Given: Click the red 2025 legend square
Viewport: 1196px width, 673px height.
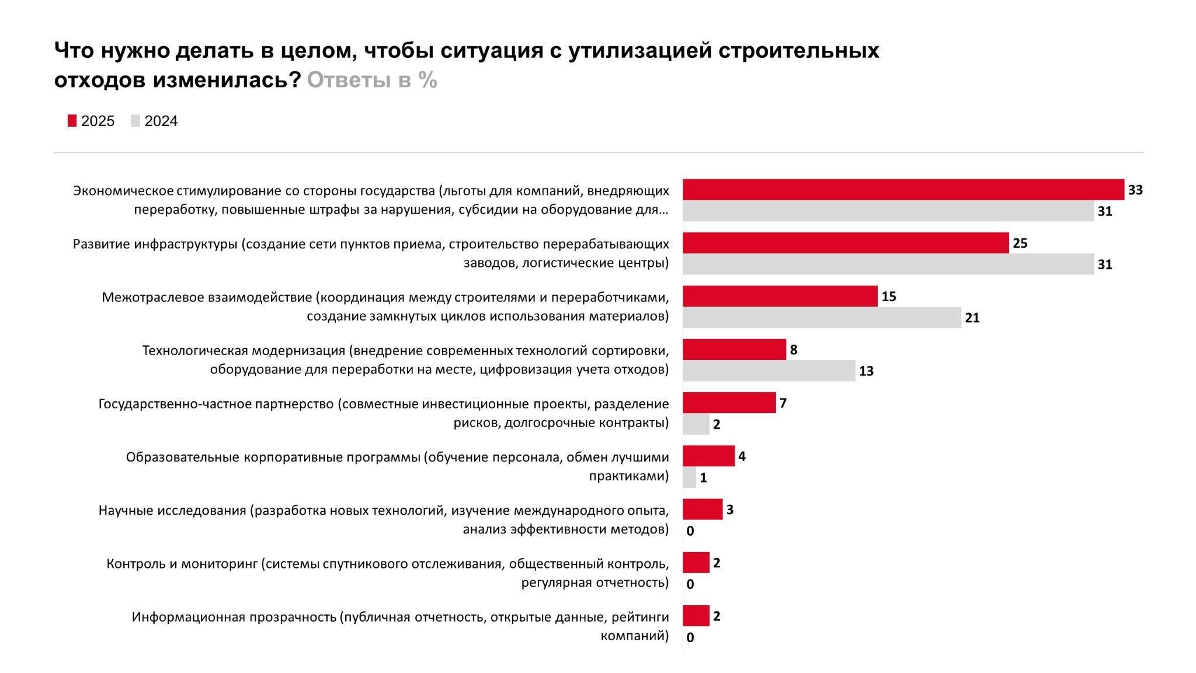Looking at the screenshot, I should (72, 121).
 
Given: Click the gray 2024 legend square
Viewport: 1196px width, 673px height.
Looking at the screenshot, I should (135, 121).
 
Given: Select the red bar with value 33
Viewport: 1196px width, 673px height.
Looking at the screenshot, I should (903, 190).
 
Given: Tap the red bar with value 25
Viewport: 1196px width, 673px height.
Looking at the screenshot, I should (846, 243).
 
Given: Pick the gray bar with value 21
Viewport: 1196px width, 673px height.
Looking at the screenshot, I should (822, 318).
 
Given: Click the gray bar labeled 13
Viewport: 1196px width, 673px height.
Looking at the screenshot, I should (769, 371).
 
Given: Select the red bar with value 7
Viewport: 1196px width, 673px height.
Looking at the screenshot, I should (729, 403).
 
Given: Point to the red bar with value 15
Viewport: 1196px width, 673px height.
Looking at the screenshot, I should (780, 296).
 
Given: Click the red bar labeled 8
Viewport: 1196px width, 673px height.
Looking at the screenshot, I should (734, 349).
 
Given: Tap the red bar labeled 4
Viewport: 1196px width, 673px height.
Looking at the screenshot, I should (708, 456).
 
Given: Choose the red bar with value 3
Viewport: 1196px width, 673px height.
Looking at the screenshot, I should (703, 509).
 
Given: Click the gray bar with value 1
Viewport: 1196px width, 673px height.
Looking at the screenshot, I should (689, 478).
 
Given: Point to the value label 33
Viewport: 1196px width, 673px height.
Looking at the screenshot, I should (1135, 190).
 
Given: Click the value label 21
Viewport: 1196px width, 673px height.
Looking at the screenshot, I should (972, 318).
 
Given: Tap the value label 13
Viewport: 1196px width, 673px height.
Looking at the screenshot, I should (866, 372).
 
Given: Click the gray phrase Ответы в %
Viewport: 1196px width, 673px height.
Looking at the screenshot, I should (372, 80).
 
